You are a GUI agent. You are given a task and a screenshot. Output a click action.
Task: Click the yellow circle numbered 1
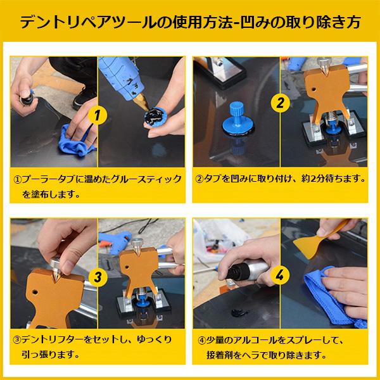[x=97, y=117]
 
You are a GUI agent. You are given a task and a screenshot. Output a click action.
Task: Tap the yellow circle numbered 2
[x=279, y=101]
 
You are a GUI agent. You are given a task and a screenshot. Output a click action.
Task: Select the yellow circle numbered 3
[x=98, y=276]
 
